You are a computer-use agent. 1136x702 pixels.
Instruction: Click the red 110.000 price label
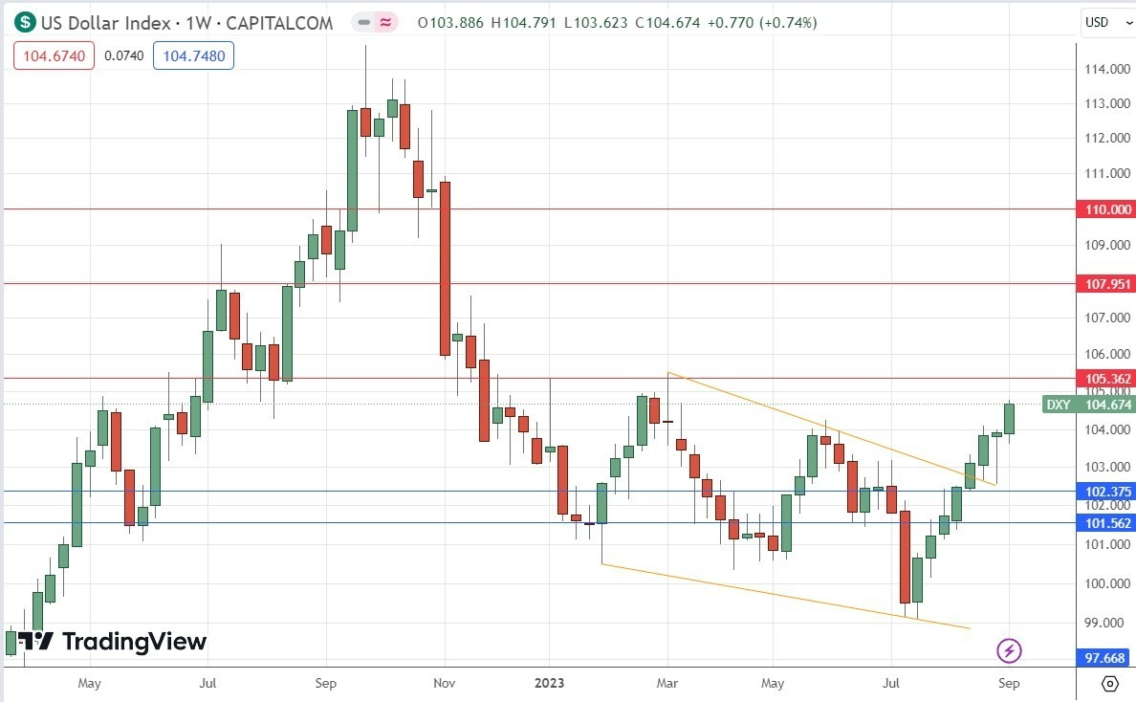tap(1104, 208)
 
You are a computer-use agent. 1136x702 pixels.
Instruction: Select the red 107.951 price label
tap(1104, 284)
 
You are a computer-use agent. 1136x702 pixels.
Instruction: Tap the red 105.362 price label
tap(1104, 378)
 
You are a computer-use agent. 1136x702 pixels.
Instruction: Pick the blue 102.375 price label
tap(1104, 492)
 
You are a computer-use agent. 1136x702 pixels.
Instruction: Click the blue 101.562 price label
tap(1104, 523)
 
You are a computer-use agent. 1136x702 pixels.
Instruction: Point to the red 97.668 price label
tap(1104, 658)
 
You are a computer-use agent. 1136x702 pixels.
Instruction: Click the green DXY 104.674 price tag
tap(1089, 405)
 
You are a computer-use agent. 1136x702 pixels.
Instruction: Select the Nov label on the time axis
tap(444, 683)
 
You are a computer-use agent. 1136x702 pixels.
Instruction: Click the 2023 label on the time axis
tap(549, 683)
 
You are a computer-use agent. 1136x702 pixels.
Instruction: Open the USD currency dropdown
tap(1104, 22)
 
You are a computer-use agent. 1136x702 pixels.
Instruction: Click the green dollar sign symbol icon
tap(25, 22)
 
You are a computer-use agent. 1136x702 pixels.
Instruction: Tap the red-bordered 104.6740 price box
tap(55, 56)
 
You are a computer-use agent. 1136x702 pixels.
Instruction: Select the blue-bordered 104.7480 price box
tap(194, 56)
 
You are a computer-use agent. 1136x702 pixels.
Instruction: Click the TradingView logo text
tap(133, 641)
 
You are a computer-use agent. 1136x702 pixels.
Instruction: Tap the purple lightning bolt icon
tap(1010, 651)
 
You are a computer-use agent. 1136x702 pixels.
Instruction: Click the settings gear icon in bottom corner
tap(1109, 683)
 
